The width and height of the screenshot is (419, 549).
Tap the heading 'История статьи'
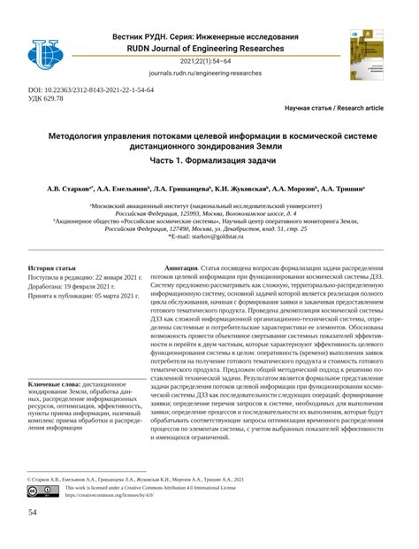[52, 267]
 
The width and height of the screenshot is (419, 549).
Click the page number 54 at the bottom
[34, 514]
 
